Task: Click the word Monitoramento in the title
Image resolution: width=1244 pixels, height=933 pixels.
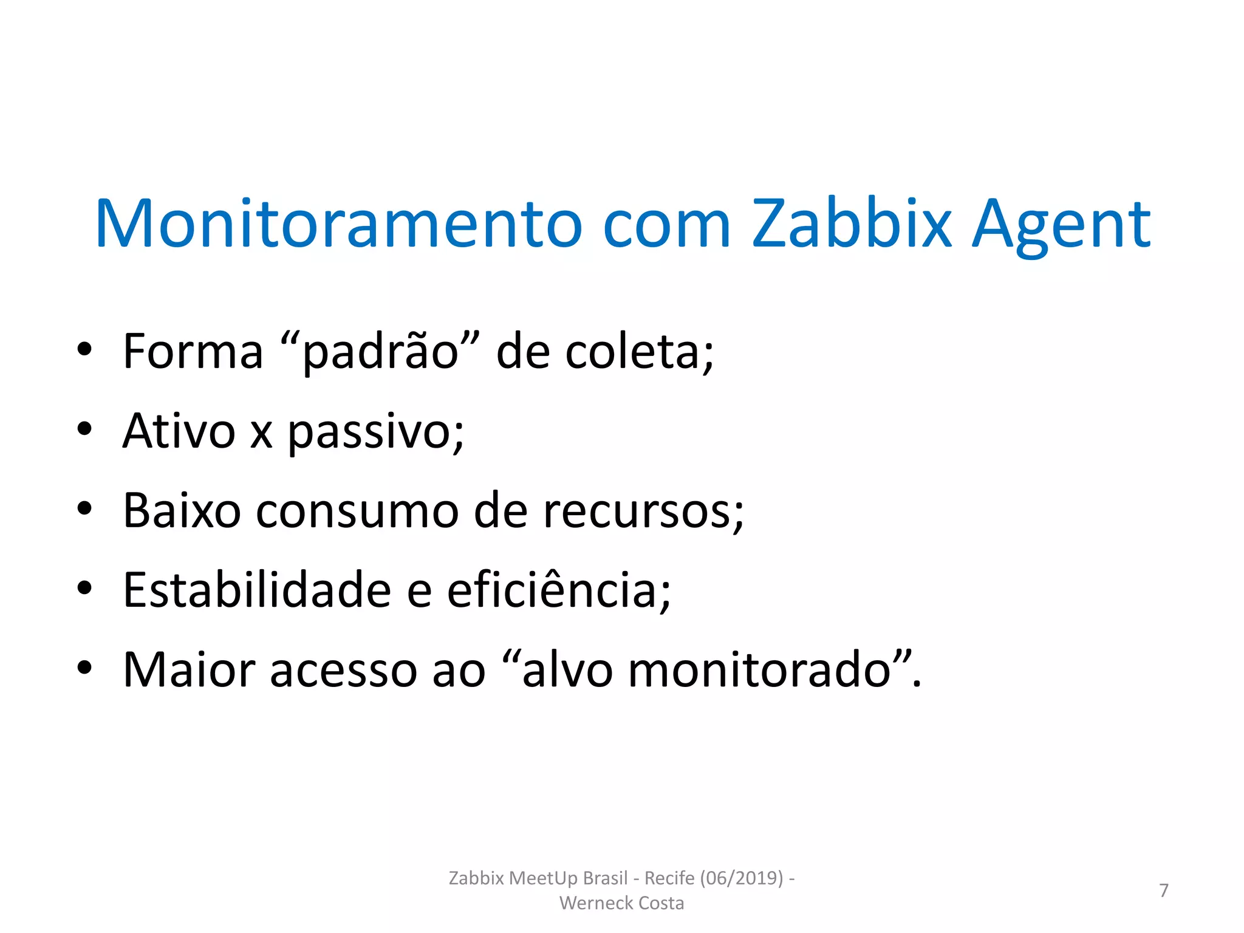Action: click(x=338, y=224)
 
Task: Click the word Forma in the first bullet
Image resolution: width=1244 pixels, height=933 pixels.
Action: click(x=193, y=352)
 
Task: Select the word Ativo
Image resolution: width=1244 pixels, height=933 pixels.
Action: click(x=179, y=431)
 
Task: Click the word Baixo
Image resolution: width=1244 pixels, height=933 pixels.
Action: click(x=182, y=511)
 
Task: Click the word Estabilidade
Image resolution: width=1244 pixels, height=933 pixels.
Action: click(x=257, y=590)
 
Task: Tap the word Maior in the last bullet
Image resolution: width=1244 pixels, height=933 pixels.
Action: click(x=189, y=670)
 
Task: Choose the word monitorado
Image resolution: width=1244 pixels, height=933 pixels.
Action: click(x=759, y=670)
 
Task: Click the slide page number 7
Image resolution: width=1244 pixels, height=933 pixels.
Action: click(x=1164, y=890)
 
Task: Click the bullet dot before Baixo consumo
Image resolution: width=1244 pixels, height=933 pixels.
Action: click(x=84, y=509)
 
